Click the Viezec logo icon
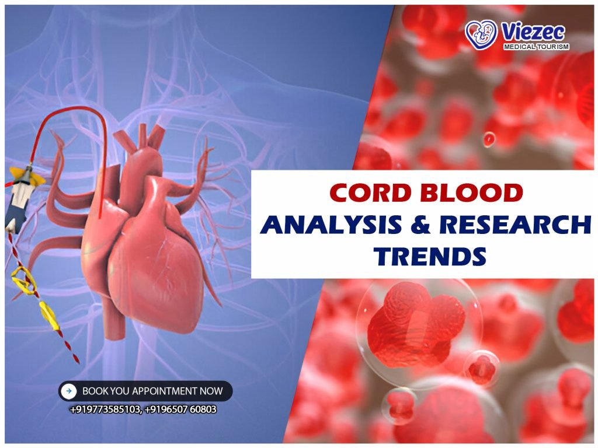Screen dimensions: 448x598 pyautogui.click(x=481, y=34)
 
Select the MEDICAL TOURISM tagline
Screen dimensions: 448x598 pyautogui.click(x=535, y=46)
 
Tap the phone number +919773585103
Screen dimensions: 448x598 pyautogui.click(x=105, y=409)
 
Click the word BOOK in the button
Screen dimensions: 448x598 pyautogui.click(x=94, y=391)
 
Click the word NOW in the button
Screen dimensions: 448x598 pyautogui.click(x=211, y=391)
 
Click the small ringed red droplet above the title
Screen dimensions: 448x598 pyautogui.click(x=489, y=138)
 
